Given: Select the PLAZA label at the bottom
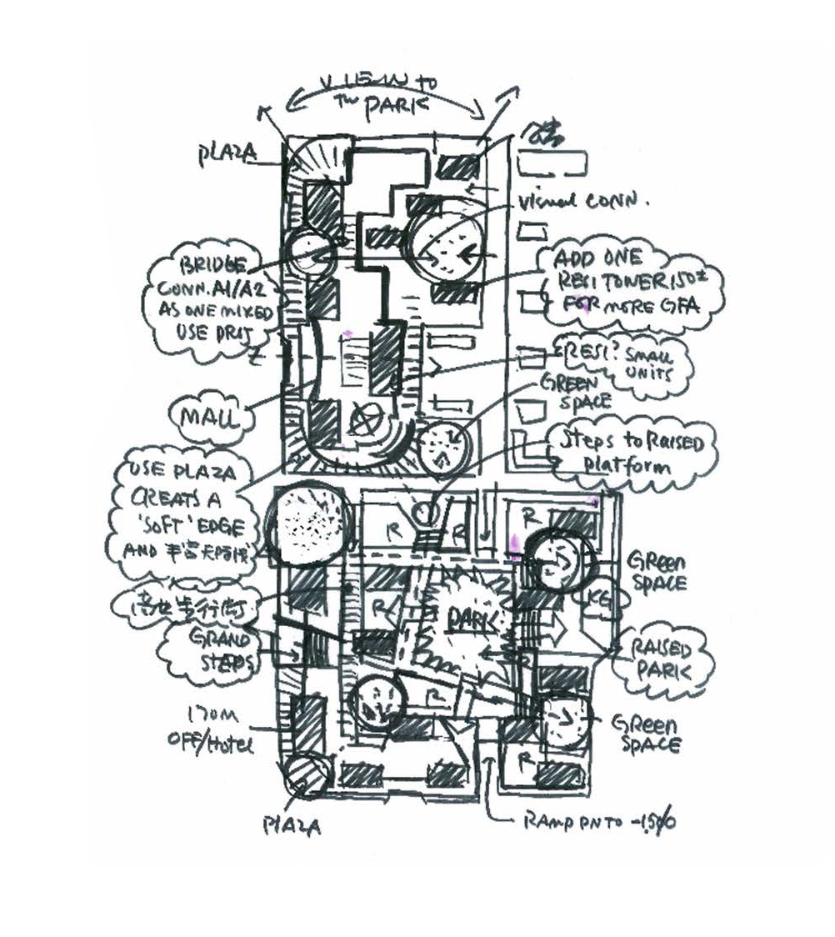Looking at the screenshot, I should [292, 825].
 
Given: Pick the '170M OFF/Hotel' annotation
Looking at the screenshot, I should [211, 728].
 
